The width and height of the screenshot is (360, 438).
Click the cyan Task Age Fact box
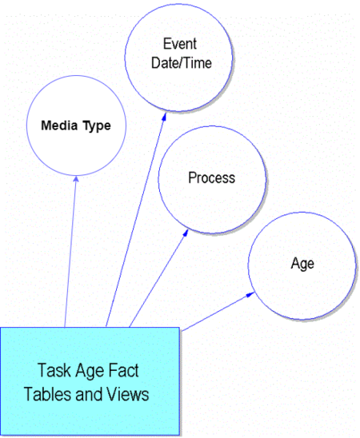tap(90, 381)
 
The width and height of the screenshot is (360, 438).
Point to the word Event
tap(180, 44)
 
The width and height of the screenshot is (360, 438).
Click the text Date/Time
tap(182, 63)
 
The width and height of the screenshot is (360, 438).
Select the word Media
tap(59, 125)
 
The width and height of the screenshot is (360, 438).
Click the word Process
tap(211, 178)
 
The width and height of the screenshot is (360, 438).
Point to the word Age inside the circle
tap(302, 264)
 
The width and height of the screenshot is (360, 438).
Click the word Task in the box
tap(54, 370)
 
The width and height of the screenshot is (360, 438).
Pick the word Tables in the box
tap(47, 394)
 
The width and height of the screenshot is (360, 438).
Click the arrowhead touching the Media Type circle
tap(76, 179)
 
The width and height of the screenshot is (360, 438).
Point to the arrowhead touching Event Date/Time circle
tap(164, 117)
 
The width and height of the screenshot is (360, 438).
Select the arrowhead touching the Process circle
tap(186, 233)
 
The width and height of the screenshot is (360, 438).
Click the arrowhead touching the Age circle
tap(250, 294)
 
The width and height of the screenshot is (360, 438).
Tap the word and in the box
tap(89, 394)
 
